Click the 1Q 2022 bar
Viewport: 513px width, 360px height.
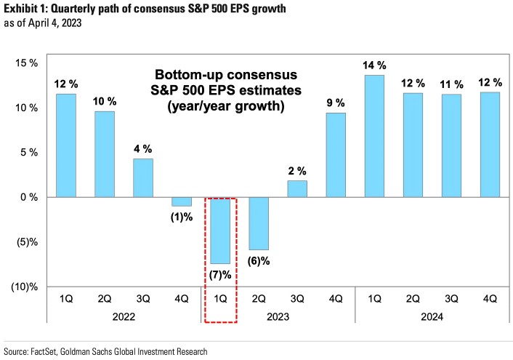[65, 145]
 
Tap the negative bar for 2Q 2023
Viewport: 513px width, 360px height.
[259, 223]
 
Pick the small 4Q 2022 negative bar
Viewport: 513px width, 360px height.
[182, 201]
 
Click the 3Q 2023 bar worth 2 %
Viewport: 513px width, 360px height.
[297, 188]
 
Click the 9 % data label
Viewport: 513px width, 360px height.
[336, 103]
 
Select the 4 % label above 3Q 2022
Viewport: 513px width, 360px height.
[143, 148]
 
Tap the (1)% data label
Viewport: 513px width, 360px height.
[182, 217]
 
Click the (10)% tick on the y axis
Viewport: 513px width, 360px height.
[24, 287]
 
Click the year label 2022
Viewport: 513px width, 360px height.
[124, 316]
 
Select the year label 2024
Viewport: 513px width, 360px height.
[432, 316]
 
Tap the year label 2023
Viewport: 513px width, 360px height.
[278, 316]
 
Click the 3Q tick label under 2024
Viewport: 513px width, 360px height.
[451, 297]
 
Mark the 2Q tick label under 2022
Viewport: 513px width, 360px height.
[105, 297]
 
